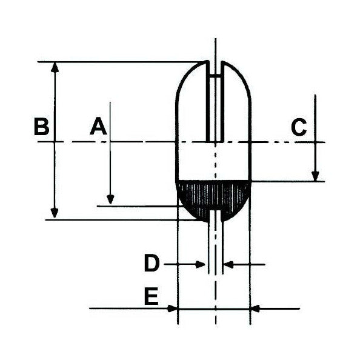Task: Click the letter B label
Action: click(x=41, y=127)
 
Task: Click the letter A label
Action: click(x=98, y=127)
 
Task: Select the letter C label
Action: click(x=299, y=127)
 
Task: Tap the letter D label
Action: click(x=152, y=264)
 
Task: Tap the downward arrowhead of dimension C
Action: click(x=315, y=176)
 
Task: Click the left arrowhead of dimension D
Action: click(x=202, y=264)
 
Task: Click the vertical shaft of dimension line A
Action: click(x=110, y=152)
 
